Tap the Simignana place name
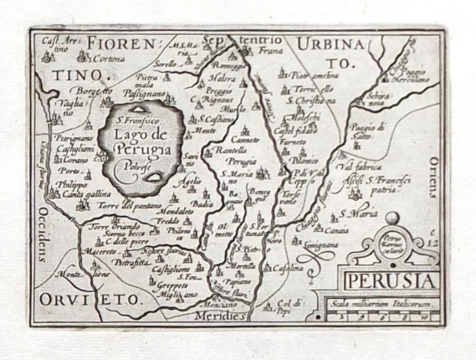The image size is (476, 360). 323,244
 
